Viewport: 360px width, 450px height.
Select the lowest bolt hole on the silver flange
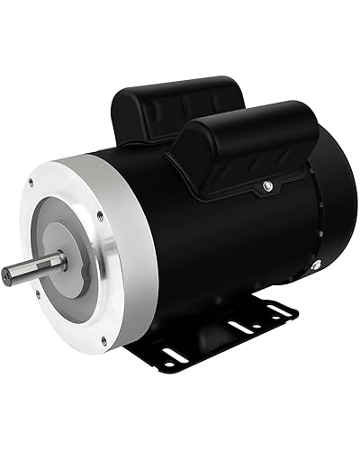104,339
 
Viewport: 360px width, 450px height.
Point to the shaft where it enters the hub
61,262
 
